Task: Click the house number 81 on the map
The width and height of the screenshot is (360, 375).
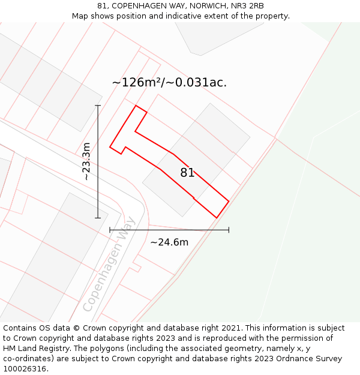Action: click(x=187, y=173)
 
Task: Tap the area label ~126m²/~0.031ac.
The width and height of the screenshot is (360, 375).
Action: click(x=169, y=83)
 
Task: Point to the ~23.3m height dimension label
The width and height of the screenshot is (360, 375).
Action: click(x=86, y=161)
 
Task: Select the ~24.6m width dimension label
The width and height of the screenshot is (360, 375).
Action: click(x=169, y=242)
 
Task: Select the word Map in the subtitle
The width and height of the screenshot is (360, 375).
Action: click(x=80, y=16)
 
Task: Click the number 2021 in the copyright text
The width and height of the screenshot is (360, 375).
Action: click(x=232, y=328)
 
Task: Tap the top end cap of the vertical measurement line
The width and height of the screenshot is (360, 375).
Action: click(x=98, y=106)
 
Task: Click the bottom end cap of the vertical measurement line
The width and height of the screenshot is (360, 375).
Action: click(x=98, y=218)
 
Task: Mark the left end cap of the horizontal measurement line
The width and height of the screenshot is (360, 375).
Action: click(x=110, y=230)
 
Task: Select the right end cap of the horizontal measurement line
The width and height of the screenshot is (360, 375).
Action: click(x=229, y=230)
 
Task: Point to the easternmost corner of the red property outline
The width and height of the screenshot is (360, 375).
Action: click(x=229, y=200)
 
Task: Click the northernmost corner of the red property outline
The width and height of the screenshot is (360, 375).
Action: click(x=137, y=106)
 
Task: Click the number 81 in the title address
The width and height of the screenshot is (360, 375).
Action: click(x=103, y=6)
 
